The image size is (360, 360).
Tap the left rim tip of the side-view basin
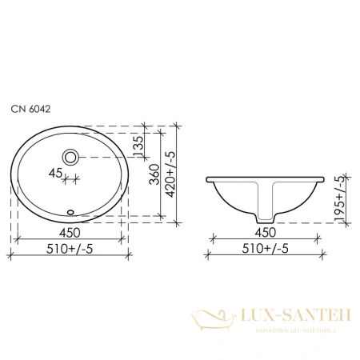click(x=210, y=178)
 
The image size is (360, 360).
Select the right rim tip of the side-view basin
click(x=322, y=178)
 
